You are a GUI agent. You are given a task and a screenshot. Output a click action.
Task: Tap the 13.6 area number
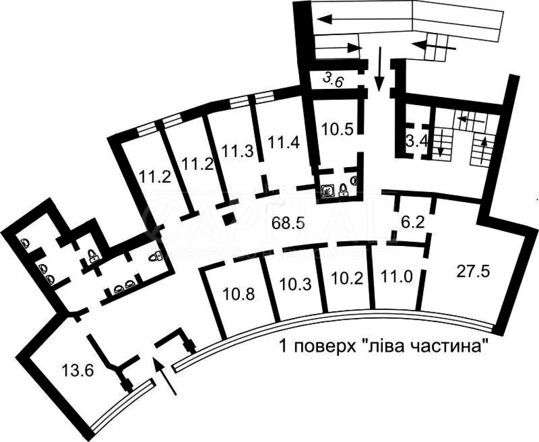tap(77, 371)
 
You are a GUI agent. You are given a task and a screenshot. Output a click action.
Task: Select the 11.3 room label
tap(238, 150)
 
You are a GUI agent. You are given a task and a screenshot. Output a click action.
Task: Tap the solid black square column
tap(230, 218)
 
